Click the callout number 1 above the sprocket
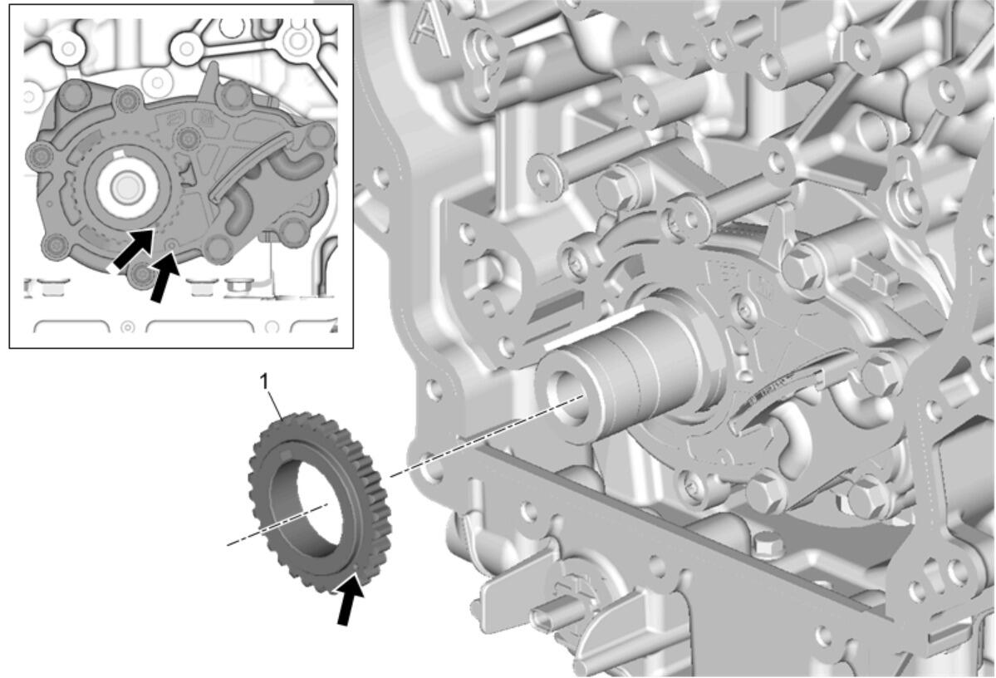point(265,381)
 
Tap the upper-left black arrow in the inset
point(133,249)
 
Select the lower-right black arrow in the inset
point(164,277)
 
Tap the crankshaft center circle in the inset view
point(125,187)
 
